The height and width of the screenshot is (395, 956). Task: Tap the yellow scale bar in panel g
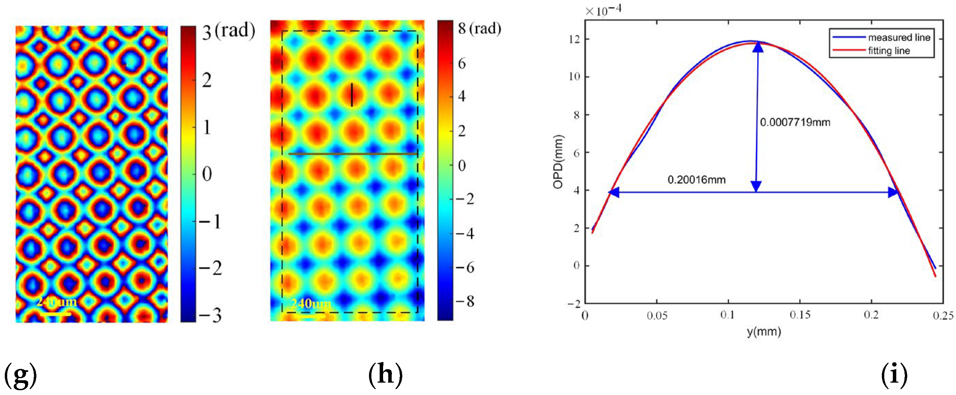click(x=56, y=314)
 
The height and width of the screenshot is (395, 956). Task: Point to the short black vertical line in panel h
click(x=352, y=95)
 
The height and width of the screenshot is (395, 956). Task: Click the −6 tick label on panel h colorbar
click(x=465, y=267)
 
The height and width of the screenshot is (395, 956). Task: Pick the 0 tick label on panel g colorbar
click(x=207, y=174)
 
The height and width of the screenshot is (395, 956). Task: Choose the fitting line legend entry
click(x=889, y=51)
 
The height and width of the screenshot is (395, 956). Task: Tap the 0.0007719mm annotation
click(x=795, y=122)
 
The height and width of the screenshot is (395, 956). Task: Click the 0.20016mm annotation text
click(x=696, y=180)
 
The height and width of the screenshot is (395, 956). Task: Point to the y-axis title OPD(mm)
click(x=558, y=162)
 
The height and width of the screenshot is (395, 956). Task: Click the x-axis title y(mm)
click(x=764, y=331)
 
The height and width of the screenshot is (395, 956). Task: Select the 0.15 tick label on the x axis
click(x=799, y=315)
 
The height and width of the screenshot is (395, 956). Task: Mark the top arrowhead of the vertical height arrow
click(x=758, y=47)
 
